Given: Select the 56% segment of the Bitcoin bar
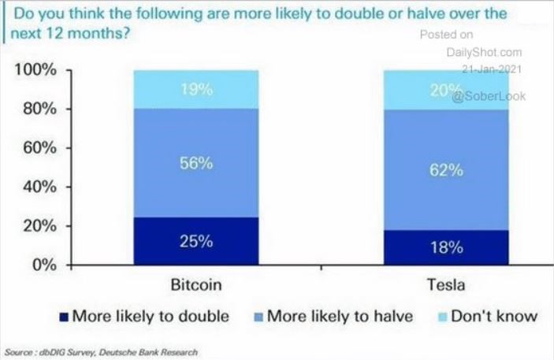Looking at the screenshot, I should pos(195,163).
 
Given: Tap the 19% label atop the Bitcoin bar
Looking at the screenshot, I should pos(195,89).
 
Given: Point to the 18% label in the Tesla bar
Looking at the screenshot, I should pos(446,247).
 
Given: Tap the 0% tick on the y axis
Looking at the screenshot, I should pos(41,265).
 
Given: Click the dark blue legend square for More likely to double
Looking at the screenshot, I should pos(64,317).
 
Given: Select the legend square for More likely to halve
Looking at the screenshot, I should pos(257,317).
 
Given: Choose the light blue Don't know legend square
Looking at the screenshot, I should pos(441,317).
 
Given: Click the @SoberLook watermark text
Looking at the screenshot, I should pos(489,95).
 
